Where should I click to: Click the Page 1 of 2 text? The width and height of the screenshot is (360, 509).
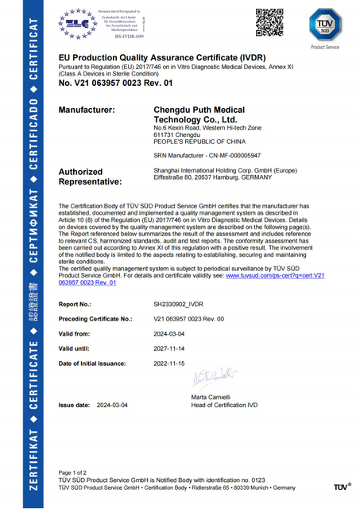point(76,472)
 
